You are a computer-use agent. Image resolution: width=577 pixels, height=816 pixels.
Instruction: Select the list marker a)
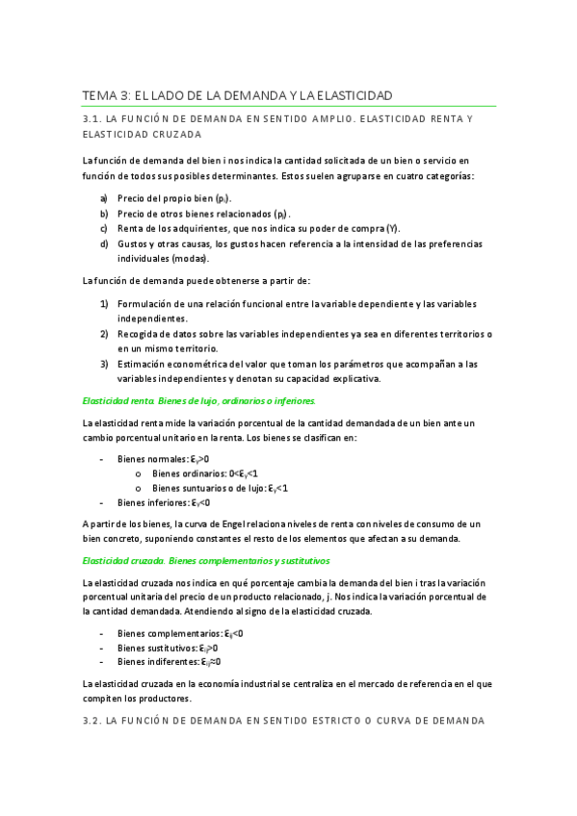[104, 197]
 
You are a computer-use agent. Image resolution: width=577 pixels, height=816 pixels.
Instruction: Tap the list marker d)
[104, 243]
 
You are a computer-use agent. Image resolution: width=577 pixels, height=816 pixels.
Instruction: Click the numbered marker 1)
[104, 304]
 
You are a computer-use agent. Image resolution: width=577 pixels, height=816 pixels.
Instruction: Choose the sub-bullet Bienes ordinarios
[187, 473]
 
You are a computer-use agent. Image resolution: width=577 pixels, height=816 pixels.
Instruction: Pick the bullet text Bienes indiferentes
[157, 662]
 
